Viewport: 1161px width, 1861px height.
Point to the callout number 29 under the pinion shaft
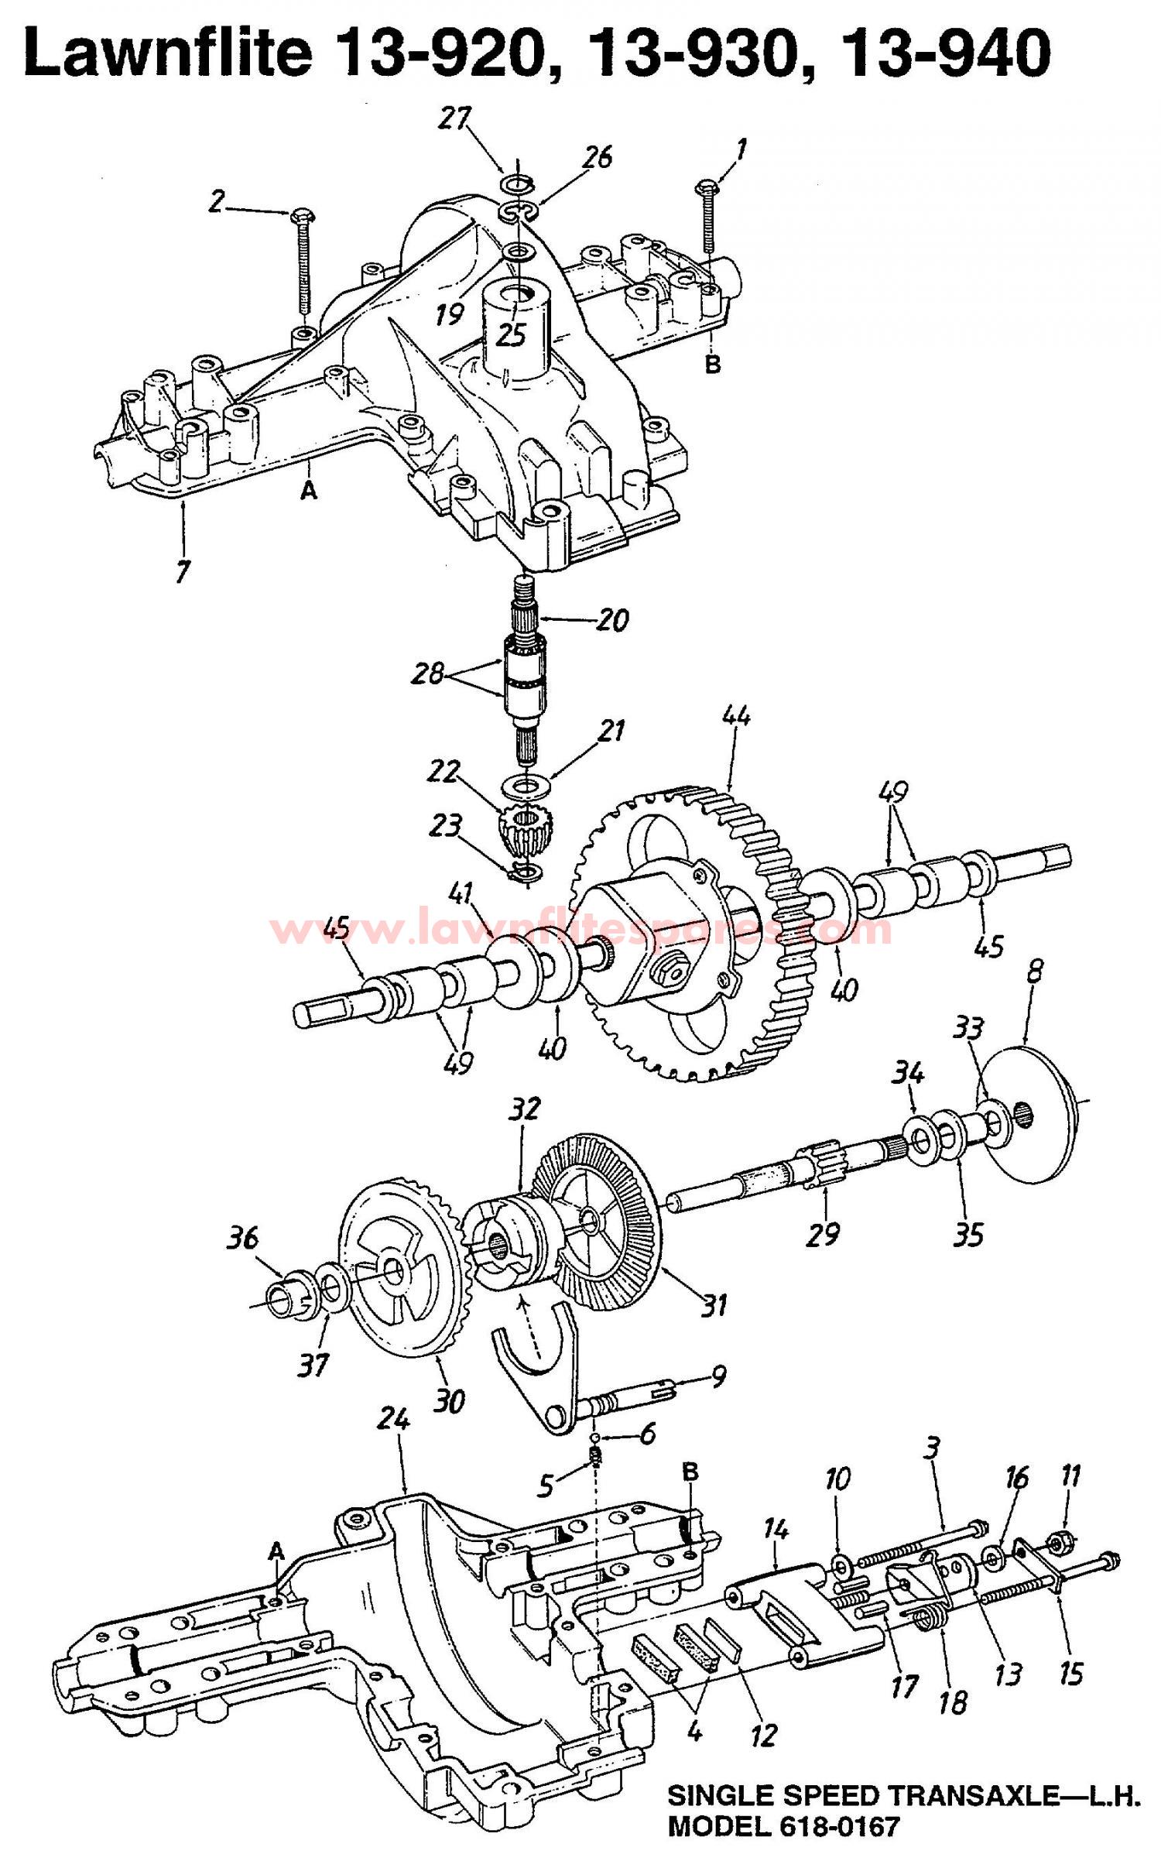click(x=822, y=1232)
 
